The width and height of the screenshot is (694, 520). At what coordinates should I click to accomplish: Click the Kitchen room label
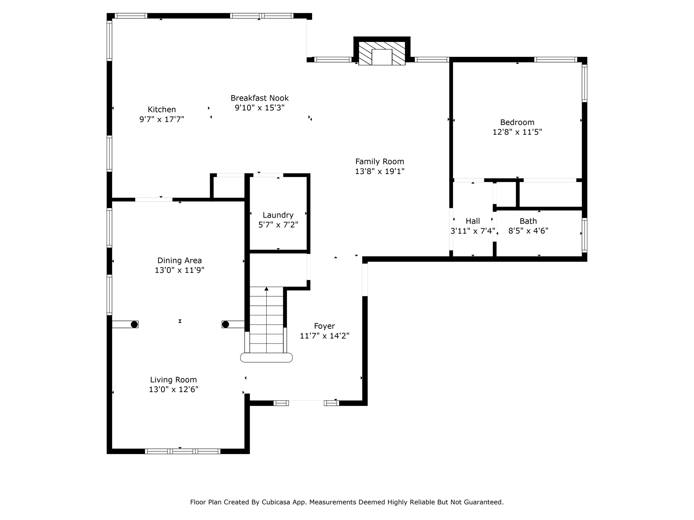coord(162,109)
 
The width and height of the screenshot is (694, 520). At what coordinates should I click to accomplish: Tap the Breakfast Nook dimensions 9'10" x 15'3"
coord(260,108)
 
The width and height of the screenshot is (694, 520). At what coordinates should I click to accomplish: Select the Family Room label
coord(380,161)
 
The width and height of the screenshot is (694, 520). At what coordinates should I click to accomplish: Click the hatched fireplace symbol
coord(382,53)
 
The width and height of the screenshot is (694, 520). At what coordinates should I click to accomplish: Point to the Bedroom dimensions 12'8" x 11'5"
coord(517,132)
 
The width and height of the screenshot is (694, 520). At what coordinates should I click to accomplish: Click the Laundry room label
coord(278,215)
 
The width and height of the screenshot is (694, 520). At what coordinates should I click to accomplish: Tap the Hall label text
coord(472,221)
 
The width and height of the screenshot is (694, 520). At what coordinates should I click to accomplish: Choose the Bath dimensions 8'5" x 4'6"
coord(528,231)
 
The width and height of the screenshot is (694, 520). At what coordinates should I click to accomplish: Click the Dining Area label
coord(179,260)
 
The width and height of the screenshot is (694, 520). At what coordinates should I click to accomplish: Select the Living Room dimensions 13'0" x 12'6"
coord(173,389)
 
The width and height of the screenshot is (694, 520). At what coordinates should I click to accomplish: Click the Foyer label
coord(324,326)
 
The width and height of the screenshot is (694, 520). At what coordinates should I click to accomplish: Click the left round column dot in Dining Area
coord(134,324)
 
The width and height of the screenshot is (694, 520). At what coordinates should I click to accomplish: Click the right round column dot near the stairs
coord(225,324)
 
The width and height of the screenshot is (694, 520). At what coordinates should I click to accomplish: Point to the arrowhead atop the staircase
coord(266,289)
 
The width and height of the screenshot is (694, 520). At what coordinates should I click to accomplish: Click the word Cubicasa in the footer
coord(275,502)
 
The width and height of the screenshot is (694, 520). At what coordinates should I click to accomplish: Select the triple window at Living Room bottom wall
coord(183,451)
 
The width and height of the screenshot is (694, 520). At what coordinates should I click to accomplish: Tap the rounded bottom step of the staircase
coord(266,357)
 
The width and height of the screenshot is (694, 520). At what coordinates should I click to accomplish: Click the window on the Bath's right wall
coord(584,235)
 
